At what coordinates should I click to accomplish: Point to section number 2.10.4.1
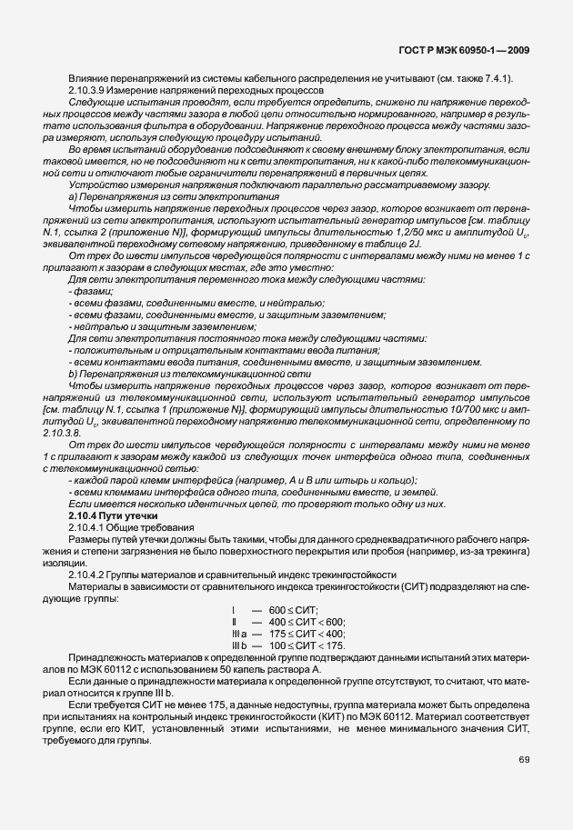[88, 528]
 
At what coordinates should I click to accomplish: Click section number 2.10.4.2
[88, 575]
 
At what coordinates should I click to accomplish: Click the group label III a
[239, 633]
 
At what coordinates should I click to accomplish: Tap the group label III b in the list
[239, 645]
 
